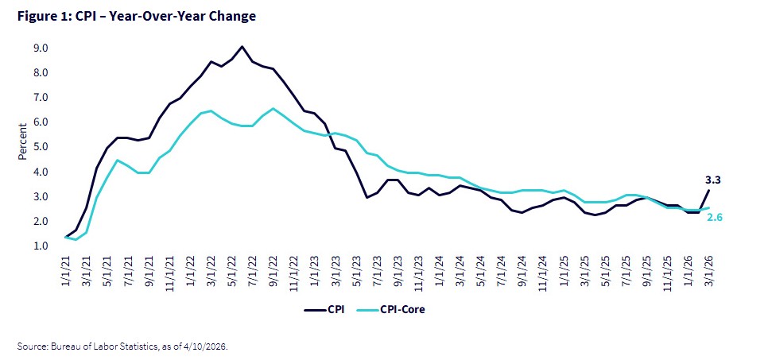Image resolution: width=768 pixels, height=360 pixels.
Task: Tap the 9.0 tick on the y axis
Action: coord(40,48)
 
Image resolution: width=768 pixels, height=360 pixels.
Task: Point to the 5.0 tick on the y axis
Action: coord(40,147)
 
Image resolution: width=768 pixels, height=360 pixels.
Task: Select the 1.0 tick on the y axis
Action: coord(40,246)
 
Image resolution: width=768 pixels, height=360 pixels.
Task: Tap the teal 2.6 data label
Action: coord(715,217)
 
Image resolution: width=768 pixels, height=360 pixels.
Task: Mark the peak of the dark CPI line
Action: coord(242,46)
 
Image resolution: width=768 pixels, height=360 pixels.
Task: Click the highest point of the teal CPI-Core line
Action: coord(273,108)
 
